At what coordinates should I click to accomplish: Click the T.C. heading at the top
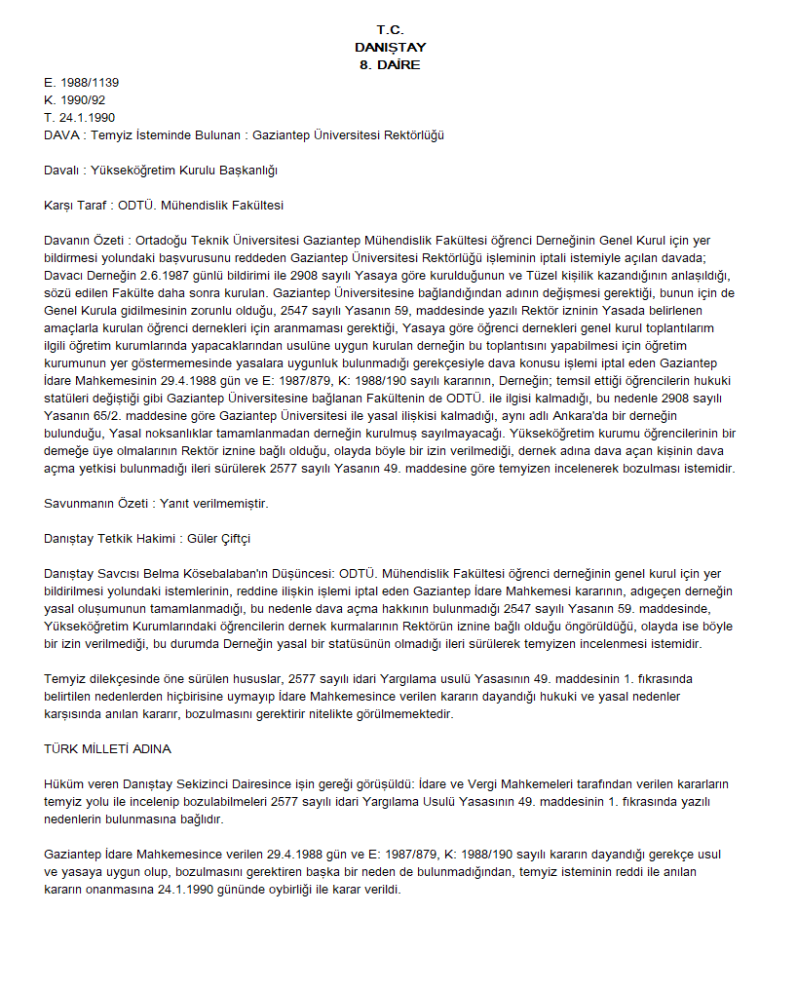pos(390,30)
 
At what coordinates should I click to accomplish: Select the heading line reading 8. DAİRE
pos(390,65)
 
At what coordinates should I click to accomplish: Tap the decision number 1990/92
pos(85,100)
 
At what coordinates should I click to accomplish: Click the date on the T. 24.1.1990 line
pos(88,118)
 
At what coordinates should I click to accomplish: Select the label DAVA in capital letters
pos(62,135)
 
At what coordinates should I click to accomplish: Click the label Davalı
pos(63,171)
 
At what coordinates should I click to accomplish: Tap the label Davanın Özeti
pos(86,241)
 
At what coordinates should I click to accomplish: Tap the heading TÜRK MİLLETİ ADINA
pos(108,749)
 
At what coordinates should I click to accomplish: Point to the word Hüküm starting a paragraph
pos(64,784)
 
